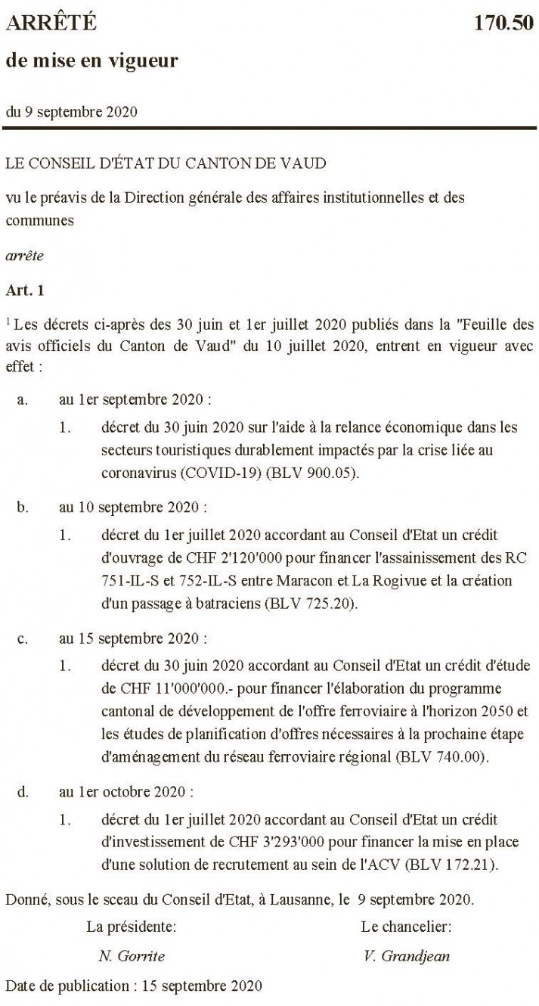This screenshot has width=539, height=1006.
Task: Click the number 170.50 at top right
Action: pos(503,23)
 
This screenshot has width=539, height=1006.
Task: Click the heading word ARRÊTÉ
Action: pos(51,23)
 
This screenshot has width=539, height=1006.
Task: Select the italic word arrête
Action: pos(25,256)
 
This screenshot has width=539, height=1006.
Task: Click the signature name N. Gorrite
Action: pos(132,955)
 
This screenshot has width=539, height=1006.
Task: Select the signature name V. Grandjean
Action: pos(406,955)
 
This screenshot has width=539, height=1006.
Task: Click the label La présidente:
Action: pos(132,926)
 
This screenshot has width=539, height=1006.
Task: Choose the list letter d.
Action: pos(23,792)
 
